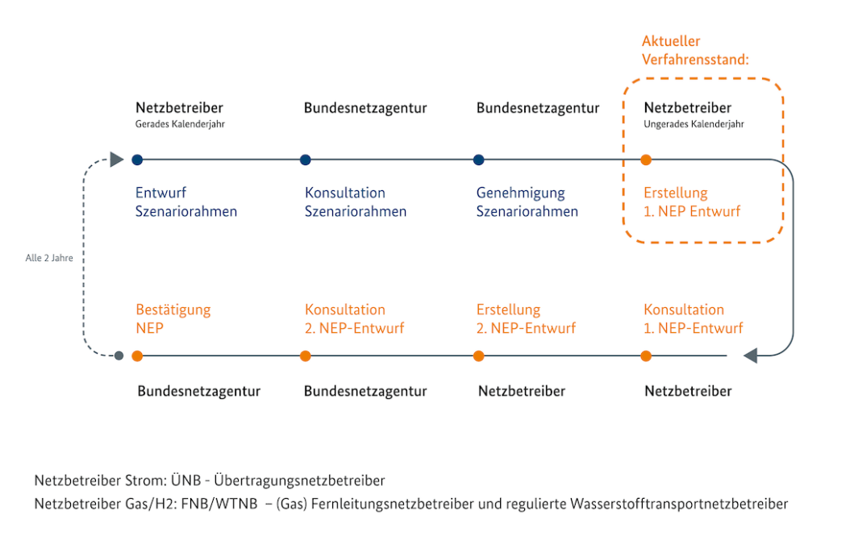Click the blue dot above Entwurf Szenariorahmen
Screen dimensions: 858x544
pos(137,160)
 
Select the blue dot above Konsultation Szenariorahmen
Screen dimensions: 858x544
pos(306,160)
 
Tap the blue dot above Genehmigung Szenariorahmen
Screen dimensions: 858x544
pos(479,160)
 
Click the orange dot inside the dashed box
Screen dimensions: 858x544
pos(646,160)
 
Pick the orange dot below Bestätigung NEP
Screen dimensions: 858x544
pos(137,356)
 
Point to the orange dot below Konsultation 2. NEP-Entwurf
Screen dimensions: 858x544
pos(306,356)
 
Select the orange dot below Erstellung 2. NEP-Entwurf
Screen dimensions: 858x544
pos(479,356)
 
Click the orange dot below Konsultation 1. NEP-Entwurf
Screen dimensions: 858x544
pos(646,356)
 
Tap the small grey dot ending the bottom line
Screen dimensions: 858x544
pos(119,356)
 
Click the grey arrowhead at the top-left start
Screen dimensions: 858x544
pos(117,160)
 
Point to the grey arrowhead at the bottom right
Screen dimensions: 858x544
pos(750,355)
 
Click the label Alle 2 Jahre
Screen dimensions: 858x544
pos(49,258)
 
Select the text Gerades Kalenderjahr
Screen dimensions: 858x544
pos(180,124)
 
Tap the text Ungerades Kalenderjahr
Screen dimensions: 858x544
pos(693,124)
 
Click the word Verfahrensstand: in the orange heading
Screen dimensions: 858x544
pos(695,59)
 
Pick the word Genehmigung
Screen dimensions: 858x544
pos(520,193)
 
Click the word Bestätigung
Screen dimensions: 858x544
pos(173,310)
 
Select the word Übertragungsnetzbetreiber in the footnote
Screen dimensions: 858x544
pos(299,480)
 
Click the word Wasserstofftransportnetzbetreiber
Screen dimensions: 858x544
pos(679,504)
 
